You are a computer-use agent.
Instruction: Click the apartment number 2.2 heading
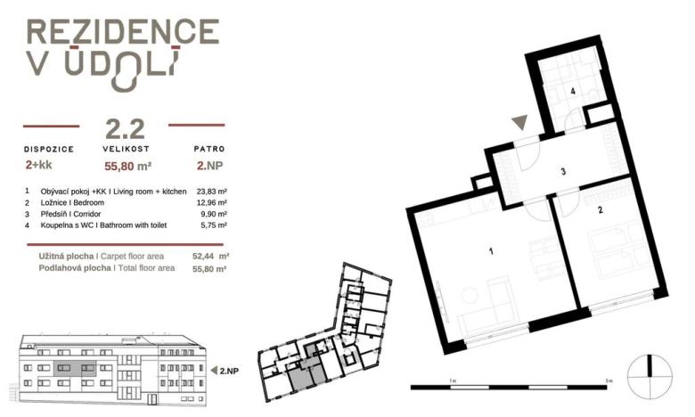pyautogui.click(x=125, y=128)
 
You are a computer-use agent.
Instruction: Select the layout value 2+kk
pyautogui.click(x=39, y=165)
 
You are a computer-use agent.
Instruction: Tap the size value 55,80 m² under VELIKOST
pyautogui.click(x=128, y=167)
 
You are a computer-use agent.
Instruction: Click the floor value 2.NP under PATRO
pyautogui.click(x=209, y=166)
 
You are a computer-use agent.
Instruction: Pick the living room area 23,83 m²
pyautogui.click(x=212, y=192)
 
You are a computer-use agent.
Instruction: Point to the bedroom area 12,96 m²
pyautogui.click(x=212, y=203)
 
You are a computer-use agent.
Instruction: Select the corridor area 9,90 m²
pyautogui.click(x=214, y=214)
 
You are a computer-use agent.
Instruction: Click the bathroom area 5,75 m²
pyautogui.click(x=214, y=225)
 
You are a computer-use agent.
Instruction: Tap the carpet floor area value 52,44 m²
pyautogui.click(x=210, y=256)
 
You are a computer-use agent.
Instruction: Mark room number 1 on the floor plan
pyautogui.click(x=491, y=251)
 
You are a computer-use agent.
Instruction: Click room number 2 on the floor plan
pyautogui.click(x=601, y=210)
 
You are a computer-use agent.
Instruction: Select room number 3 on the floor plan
pyautogui.click(x=563, y=171)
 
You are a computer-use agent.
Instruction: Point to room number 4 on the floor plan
pyautogui.click(x=573, y=92)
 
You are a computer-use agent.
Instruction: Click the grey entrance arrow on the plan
pyautogui.click(x=520, y=122)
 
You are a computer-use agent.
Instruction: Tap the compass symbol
pyautogui.click(x=650, y=377)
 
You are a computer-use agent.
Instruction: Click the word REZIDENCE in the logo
pyautogui.click(x=123, y=32)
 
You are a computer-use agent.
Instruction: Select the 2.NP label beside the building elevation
pyautogui.click(x=229, y=371)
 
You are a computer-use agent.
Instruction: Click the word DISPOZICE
pyautogui.click(x=49, y=150)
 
